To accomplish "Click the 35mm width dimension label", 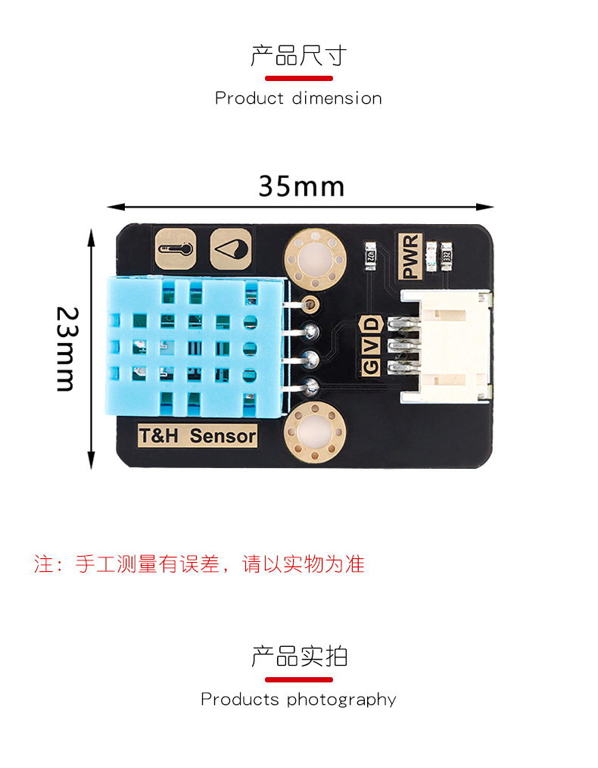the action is tap(301, 186).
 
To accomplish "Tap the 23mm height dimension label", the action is tap(67, 348).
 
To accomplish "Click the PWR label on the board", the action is tap(411, 258).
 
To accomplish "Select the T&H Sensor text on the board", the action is tap(198, 436).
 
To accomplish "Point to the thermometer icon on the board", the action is tap(175, 248).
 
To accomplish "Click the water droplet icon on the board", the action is tap(231, 248).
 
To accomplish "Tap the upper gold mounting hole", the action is tap(316, 260).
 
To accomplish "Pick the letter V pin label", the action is tap(371, 345).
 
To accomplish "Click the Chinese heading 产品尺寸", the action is tap(299, 56).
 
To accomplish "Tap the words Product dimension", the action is tap(298, 98).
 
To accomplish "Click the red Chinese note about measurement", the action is tap(199, 564).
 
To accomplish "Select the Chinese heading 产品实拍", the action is tap(299, 656).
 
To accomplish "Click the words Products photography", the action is tap(298, 699).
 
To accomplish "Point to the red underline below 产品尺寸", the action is tap(299, 78).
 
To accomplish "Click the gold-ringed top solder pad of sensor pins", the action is tap(309, 304).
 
